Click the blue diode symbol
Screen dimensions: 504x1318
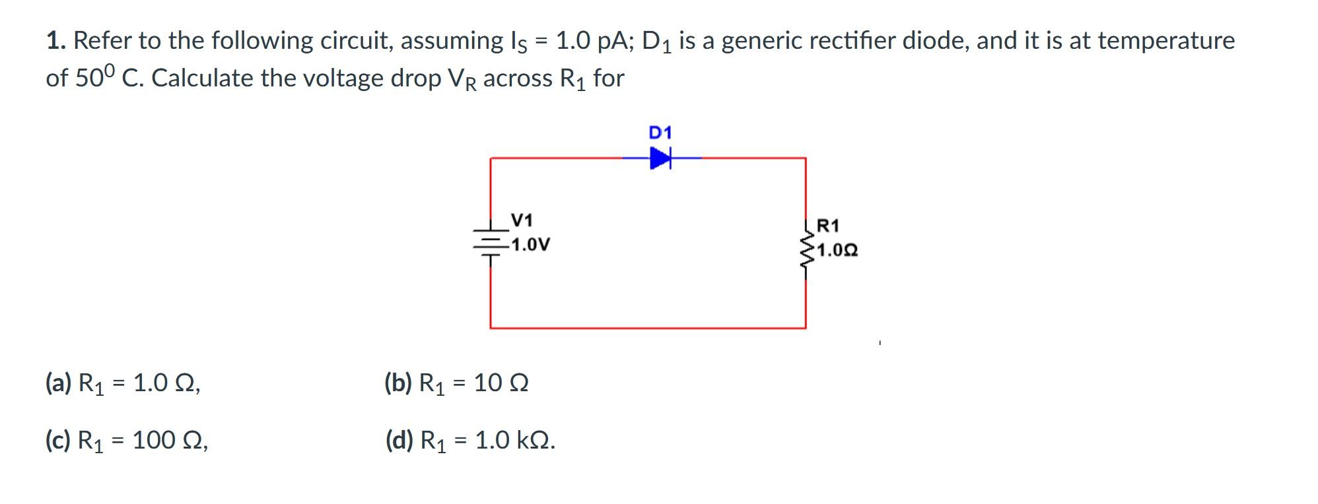point(660,158)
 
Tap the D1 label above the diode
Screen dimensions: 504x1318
point(660,133)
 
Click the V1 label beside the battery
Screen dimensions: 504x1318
point(523,220)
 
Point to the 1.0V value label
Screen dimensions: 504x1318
point(530,245)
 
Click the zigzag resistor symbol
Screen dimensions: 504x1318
point(806,251)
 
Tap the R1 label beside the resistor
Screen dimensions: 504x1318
point(828,226)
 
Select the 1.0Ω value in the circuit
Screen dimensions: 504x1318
point(837,251)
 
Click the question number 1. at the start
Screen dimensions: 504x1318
point(56,41)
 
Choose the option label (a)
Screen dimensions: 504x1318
point(58,383)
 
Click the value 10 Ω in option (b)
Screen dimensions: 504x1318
point(501,383)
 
